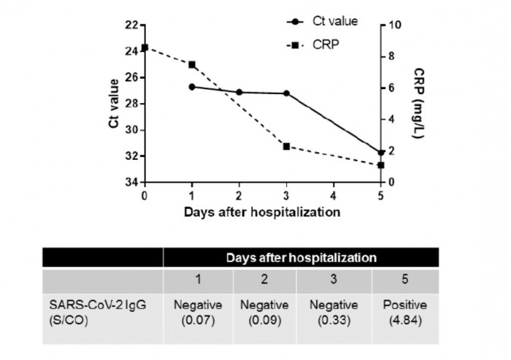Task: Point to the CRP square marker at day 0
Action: coord(145,47)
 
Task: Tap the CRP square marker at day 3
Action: coord(286,146)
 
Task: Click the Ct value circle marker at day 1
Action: coord(192,87)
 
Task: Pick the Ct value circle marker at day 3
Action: coord(286,93)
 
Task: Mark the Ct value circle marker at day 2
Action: coord(239,92)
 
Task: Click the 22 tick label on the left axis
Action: coord(131,25)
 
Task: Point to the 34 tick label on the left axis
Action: coord(131,182)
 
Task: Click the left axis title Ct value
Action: coord(112,103)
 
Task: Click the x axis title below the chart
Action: coord(262,212)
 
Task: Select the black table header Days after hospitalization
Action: coord(301,258)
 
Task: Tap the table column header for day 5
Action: coord(405,281)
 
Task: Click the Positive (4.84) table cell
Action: coord(405,311)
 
